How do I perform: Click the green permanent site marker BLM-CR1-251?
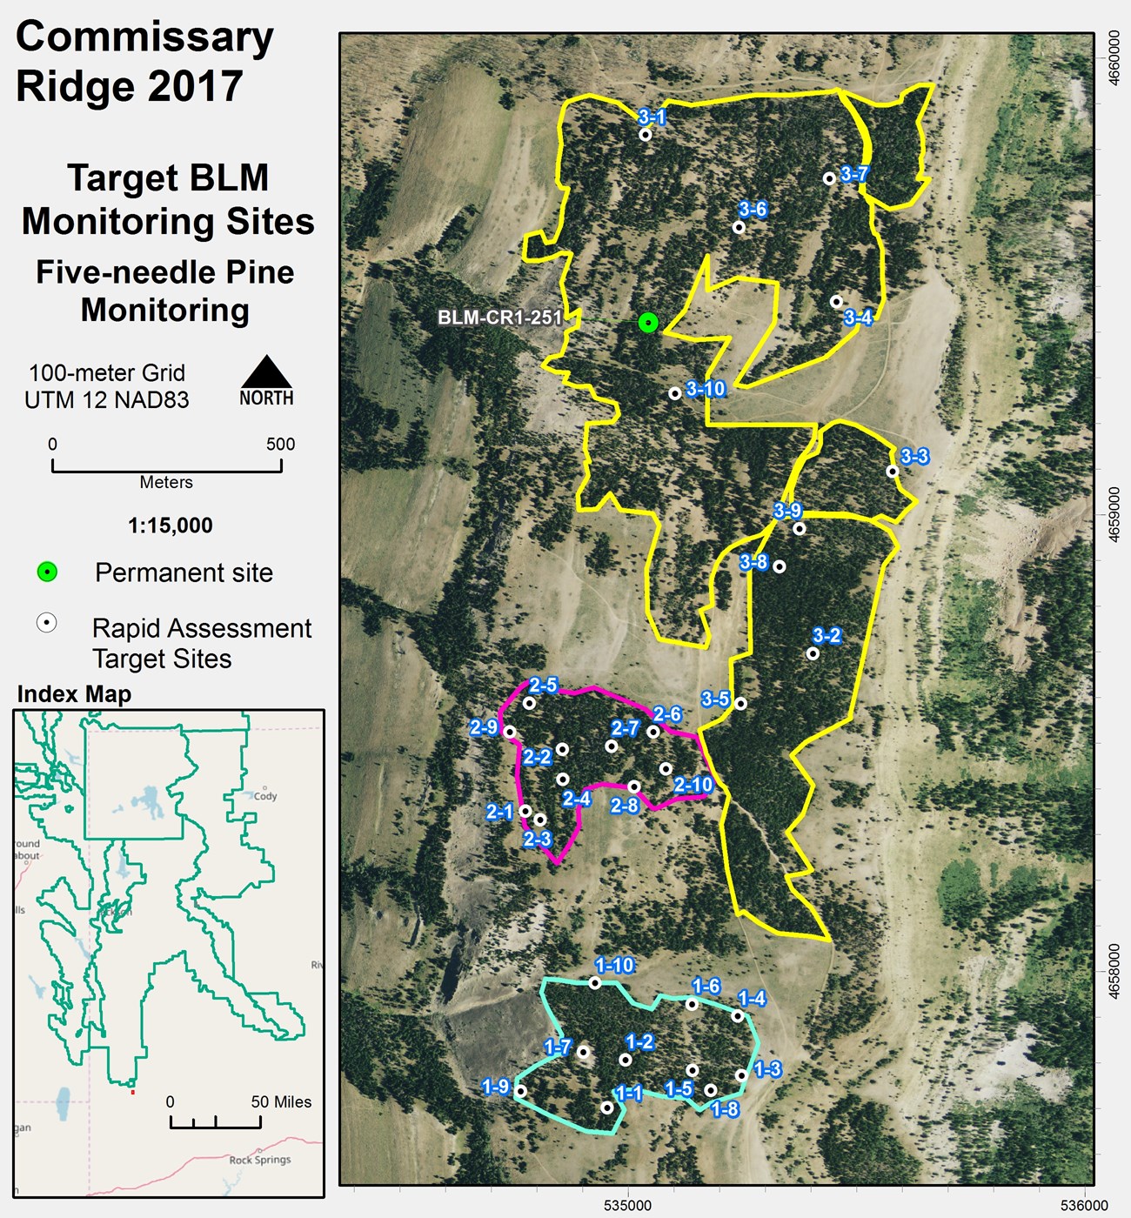(647, 323)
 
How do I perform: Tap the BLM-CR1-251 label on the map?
(499, 318)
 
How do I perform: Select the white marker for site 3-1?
(646, 135)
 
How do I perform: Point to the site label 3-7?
(854, 174)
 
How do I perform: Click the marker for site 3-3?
(892, 472)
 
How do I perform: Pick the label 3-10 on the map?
(706, 389)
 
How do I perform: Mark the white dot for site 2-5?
(529, 703)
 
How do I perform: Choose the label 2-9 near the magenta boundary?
(484, 727)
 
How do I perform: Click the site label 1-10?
(615, 965)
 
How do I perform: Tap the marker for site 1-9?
(520, 1091)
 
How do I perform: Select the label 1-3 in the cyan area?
(767, 1069)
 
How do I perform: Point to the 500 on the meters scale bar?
(280, 445)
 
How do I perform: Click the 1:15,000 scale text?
(171, 525)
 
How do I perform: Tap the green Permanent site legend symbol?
(47, 572)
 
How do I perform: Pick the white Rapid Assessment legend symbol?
(47, 623)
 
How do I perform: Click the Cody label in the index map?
(265, 796)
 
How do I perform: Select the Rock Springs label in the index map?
(260, 1160)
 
